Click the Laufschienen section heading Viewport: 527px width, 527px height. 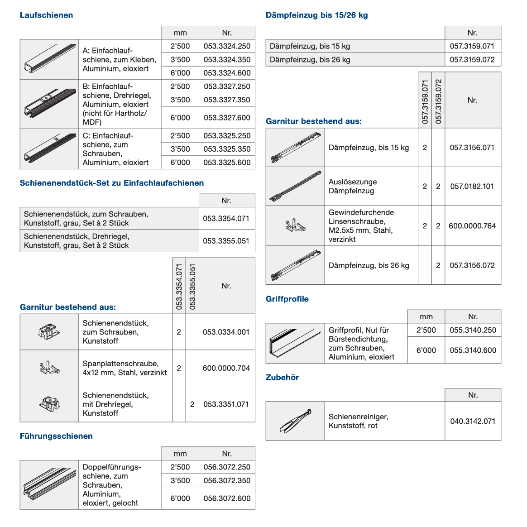coord(46,15)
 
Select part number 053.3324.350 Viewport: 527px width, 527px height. coord(227,59)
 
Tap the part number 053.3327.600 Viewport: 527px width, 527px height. coord(227,118)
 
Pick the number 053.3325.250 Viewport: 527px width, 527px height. coord(227,135)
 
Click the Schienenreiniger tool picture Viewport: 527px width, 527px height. coord(295,421)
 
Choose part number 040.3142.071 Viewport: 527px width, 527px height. coord(473,421)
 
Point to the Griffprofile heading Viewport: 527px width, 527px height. coord(287,299)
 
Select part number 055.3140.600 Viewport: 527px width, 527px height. coord(473,350)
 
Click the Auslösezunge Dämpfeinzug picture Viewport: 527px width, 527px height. coord(295,186)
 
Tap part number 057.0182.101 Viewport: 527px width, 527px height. coord(472,186)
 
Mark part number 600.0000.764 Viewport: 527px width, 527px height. coord(472,225)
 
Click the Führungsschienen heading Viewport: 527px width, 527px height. coord(56,436)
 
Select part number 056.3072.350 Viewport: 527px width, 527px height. coord(227,480)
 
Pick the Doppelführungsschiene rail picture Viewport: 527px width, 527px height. coord(49,485)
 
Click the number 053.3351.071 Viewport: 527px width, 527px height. coord(226,404)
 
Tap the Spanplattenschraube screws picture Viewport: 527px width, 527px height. coord(49,368)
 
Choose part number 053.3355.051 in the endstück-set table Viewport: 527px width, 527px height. coord(226,241)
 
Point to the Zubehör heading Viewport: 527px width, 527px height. coord(282,377)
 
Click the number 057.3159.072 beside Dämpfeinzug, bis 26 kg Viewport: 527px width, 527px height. coord(472,59)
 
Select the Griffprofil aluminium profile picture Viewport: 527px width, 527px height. coord(295,343)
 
